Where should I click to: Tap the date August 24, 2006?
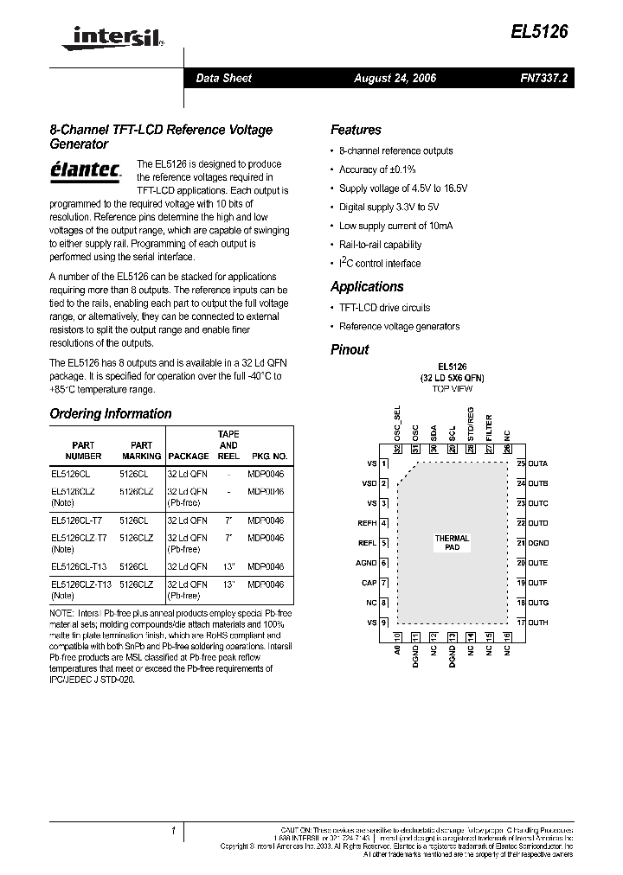[x=395, y=78]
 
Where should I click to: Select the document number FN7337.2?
[x=543, y=78]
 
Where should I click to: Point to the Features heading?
[x=356, y=131]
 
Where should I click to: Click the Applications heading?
[x=367, y=287]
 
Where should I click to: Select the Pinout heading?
[x=350, y=350]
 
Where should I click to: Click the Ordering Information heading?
[x=111, y=414]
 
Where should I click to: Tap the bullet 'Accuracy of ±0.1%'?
[x=377, y=169]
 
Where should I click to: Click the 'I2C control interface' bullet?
[x=380, y=264]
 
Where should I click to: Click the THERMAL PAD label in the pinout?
[x=452, y=543]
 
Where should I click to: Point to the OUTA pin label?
[x=537, y=463]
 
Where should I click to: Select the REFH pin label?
[x=367, y=523]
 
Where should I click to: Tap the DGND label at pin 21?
[x=538, y=543]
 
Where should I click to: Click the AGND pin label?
[x=367, y=563]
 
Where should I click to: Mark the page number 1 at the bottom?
[x=174, y=831]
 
